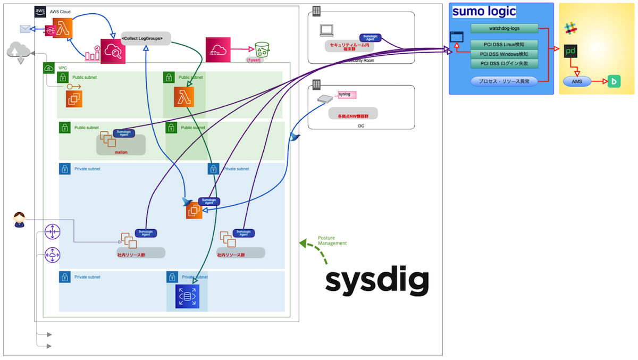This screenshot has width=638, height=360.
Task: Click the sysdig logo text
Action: [x=377, y=281]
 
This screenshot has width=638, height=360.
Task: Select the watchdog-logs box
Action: [x=504, y=28]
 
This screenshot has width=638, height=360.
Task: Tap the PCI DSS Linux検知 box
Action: [x=504, y=45]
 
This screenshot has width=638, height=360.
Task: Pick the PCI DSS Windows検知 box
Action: [x=504, y=54]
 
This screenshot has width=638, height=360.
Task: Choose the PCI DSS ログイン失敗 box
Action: [x=504, y=64]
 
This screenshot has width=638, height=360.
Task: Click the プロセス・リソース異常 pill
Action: [x=504, y=81]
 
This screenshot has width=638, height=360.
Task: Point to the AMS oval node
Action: [x=577, y=81]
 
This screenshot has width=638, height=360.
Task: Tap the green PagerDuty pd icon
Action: [x=571, y=52]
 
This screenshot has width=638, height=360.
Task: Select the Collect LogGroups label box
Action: [x=146, y=38]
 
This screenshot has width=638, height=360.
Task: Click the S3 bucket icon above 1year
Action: [x=262, y=49]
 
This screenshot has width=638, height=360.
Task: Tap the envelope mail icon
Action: [x=25, y=29]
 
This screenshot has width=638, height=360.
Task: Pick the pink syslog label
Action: [x=347, y=95]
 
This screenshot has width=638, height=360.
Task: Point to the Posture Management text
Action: [x=332, y=240]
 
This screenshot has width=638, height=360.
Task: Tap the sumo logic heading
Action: [x=484, y=11]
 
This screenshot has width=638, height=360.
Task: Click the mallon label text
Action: [x=121, y=152]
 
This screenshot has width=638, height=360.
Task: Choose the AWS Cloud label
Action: [x=60, y=12]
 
